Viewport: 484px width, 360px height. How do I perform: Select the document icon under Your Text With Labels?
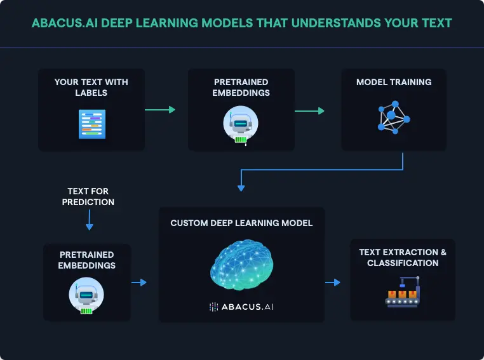91,124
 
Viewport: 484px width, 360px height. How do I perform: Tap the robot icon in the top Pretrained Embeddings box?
241,124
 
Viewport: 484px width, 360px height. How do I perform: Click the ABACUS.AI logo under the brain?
241,307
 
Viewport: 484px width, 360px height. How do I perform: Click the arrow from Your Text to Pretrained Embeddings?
159,110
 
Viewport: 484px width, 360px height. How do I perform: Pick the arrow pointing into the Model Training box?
309,110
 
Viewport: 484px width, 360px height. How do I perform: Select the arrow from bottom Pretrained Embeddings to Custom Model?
138,283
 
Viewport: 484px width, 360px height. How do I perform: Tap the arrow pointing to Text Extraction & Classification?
332,282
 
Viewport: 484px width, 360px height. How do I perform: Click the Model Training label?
394,82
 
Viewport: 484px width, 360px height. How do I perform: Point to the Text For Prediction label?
88,196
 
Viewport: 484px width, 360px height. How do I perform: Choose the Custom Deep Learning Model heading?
241,223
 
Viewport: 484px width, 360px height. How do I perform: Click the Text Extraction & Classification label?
403,257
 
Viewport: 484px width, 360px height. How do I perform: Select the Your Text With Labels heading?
91,87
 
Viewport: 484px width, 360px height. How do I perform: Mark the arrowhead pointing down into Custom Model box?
241,187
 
